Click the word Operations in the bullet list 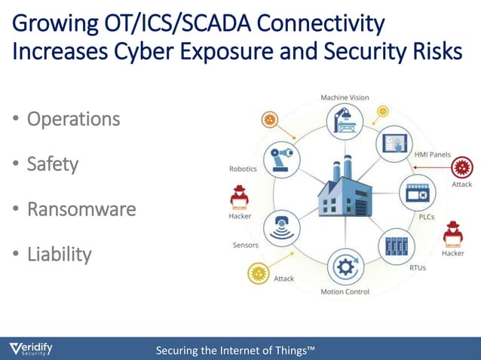(73, 119)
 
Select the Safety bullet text (53, 163)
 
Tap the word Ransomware (81, 209)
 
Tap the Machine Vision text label (345, 98)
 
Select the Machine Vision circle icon (344, 122)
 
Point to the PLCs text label (426, 217)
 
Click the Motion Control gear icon (345, 267)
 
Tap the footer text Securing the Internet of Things (234, 350)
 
